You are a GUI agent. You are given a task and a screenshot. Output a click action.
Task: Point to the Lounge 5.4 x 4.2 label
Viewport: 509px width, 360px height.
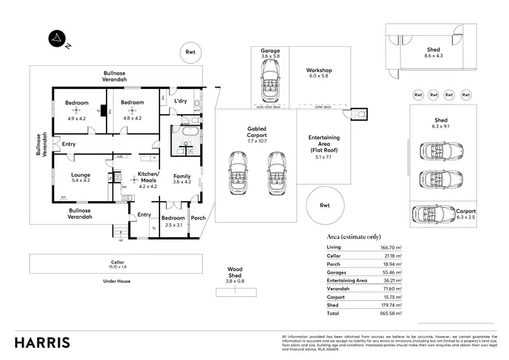81,177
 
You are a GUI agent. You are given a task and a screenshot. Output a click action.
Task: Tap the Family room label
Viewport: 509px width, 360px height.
182,179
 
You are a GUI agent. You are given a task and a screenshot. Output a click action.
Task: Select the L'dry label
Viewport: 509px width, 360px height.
181,101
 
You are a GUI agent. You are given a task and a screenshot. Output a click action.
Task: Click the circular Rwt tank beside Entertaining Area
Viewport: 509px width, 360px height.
324,204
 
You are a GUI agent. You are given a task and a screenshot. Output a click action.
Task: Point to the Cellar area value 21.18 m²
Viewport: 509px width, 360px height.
393,255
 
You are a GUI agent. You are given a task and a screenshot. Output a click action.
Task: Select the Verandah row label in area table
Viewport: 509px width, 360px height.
339,289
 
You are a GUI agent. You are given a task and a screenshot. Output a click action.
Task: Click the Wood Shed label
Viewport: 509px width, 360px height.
234,273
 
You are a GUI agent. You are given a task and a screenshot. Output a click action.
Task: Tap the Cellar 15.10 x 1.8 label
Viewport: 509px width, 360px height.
118,264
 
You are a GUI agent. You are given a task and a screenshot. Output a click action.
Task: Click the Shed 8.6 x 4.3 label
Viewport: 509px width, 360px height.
434,53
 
